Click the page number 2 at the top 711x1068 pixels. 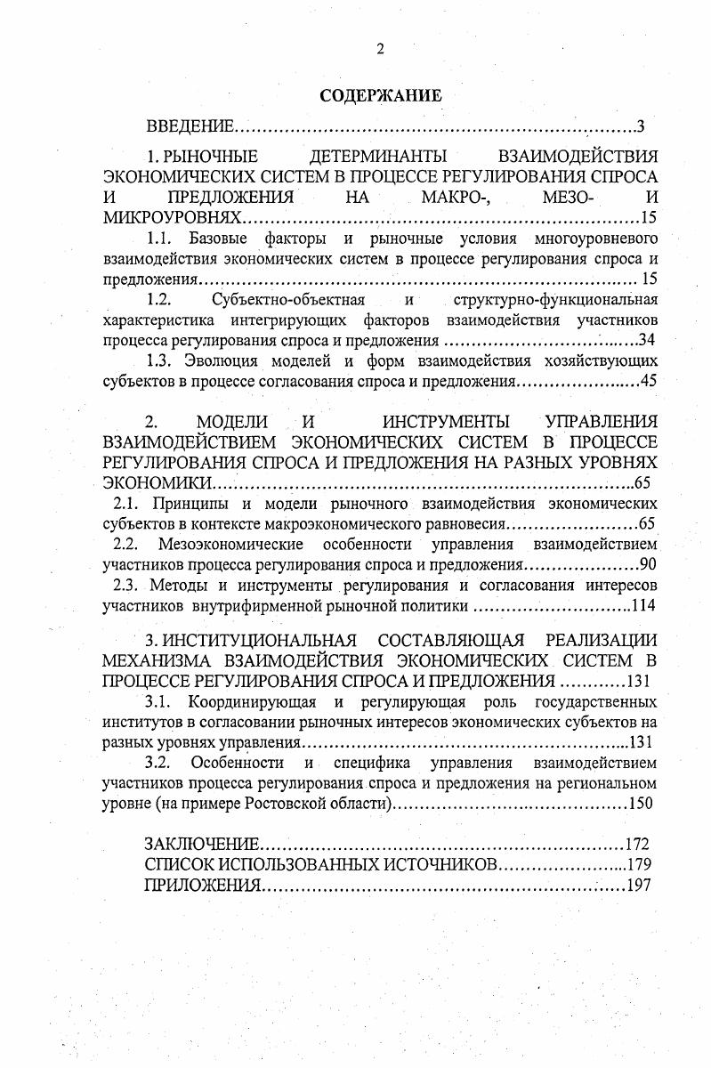point(380,50)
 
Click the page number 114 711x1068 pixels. point(642,607)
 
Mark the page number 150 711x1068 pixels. point(641,804)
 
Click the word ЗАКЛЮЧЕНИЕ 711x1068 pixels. point(201,844)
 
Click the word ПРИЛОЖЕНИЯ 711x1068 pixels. point(202,885)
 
